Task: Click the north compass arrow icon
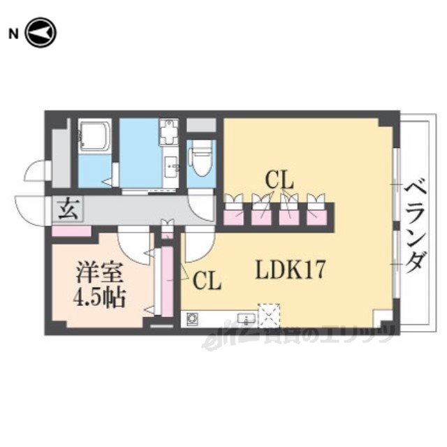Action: click(x=40, y=34)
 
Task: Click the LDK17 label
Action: click(x=289, y=268)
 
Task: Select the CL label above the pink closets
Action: click(x=279, y=180)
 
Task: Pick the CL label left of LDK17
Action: click(x=207, y=281)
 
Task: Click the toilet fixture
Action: click(x=202, y=159)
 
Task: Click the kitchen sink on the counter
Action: click(x=245, y=320)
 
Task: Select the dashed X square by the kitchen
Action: click(x=269, y=315)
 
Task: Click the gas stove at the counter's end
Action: click(x=192, y=320)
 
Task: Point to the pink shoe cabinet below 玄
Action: click(x=71, y=230)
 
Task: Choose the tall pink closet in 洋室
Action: click(x=167, y=280)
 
